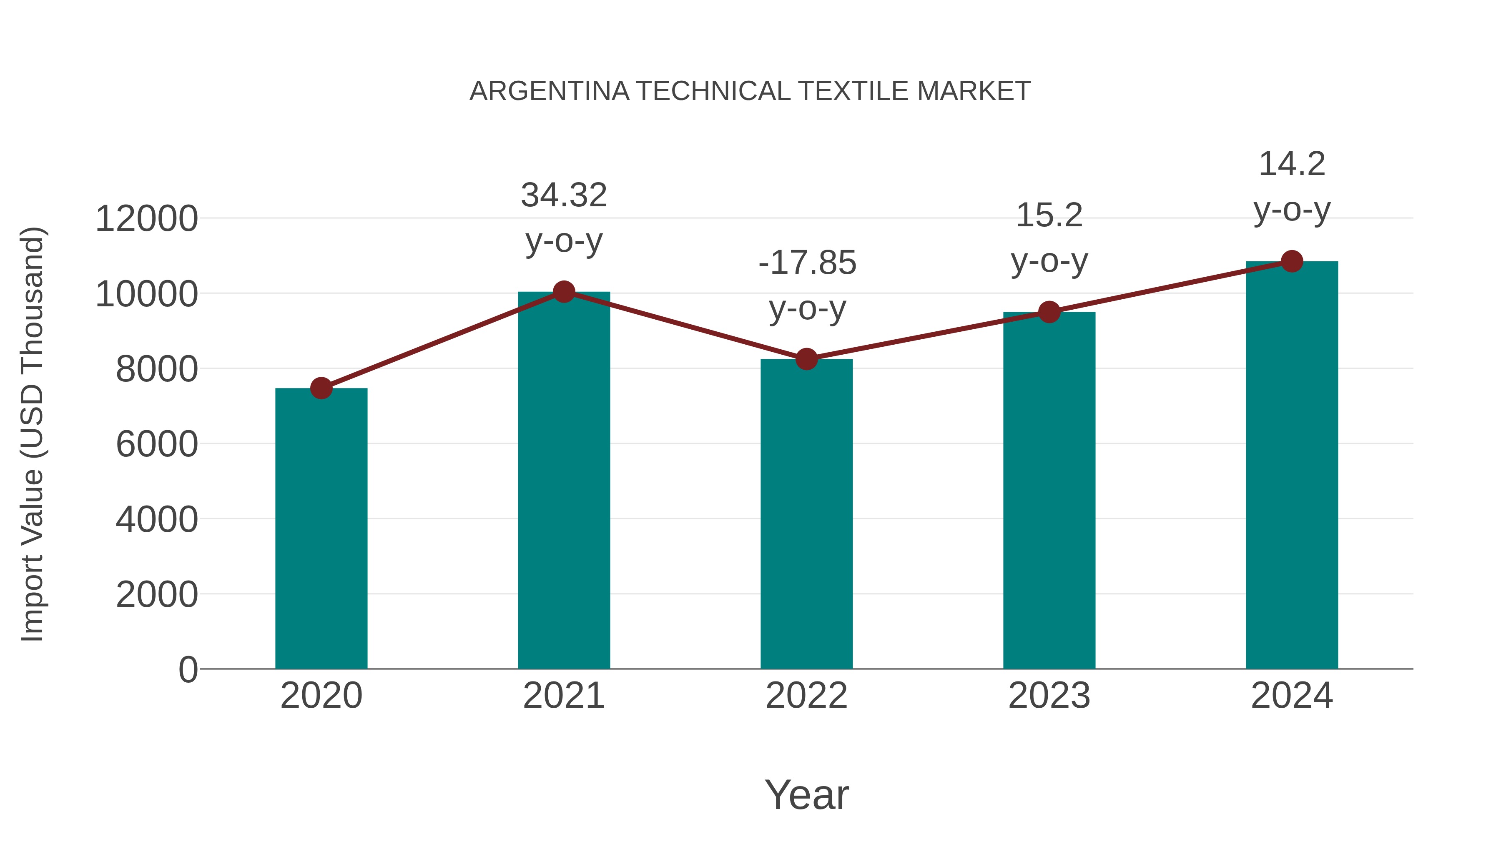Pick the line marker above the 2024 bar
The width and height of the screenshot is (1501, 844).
click(1292, 261)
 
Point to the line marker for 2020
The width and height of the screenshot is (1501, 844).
click(321, 388)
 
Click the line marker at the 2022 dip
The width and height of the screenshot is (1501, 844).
click(806, 359)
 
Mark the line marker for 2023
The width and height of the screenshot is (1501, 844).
click(1049, 312)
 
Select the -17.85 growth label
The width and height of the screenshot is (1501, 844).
click(807, 263)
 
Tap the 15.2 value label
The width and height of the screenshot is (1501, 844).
click(1049, 215)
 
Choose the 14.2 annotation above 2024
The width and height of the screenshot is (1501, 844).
click(1292, 164)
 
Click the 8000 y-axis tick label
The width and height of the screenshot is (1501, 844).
click(157, 369)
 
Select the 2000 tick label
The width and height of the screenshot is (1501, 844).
click(157, 595)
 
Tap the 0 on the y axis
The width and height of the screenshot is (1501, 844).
click(188, 670)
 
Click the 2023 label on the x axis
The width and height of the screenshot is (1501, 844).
click(1049, 696)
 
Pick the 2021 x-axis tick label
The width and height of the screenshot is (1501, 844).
click(563, 696)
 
